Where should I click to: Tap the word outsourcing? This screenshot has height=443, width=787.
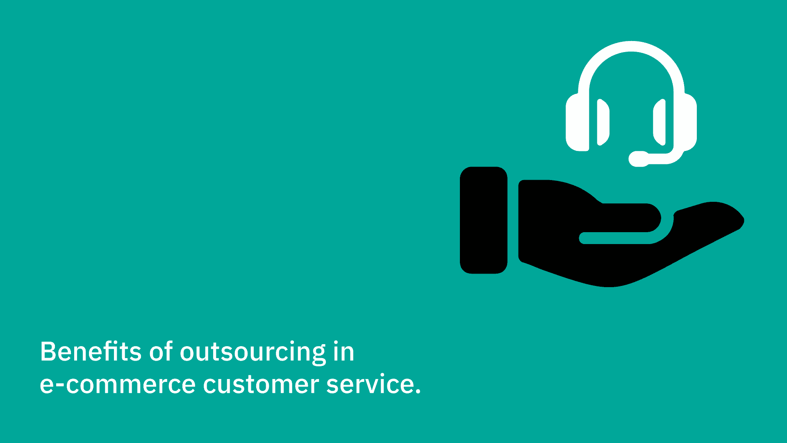click(x=253, y=353)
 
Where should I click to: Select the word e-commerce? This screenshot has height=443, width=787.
click(x=118, y=384)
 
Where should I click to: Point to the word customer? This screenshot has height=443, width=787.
click(x=261, y=384)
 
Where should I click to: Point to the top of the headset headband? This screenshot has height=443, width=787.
click(x=631, y=46)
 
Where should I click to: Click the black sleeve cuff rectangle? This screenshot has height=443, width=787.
click(x=484, y=220)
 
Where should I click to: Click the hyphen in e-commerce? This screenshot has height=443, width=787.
click(x=59, y=385)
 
